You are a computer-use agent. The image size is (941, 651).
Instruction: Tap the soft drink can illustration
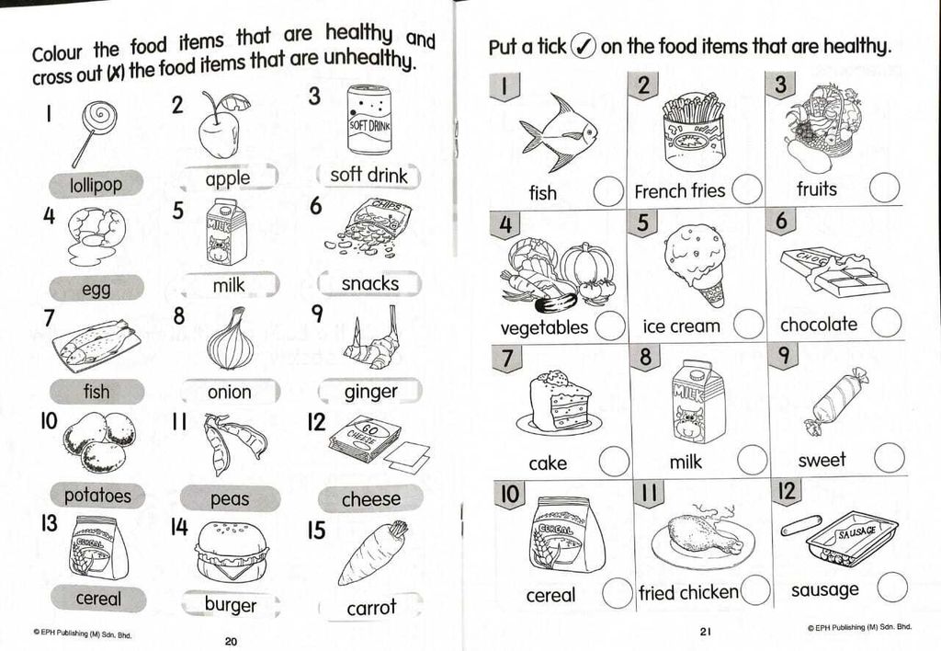pyautogui.click(x=369, y=120)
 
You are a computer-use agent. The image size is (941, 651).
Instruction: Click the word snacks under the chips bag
pyautogui.click(x=369, y=283)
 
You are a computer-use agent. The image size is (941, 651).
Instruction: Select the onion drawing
pyautogui.click(x=231, y=339)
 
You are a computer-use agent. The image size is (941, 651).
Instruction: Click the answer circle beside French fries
pyautogui.click(x=746, y=189)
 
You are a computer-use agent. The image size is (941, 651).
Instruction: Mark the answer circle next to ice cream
pyautogui.click(x=748, y=325)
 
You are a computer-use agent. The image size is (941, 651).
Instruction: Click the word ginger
pyautogui.click(x=371, y=392)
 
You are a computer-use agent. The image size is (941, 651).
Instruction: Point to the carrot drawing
pyautogui.click(x=373, y=553)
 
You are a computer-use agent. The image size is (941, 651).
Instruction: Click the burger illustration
pyautogui.click(x=231, y=552)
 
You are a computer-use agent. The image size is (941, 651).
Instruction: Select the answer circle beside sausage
pyautogui.click(x=892, y=588)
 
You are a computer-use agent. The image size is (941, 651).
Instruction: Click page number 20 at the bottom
pyautogui.click(x=231, y=642)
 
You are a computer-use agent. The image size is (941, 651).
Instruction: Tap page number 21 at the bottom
pyautogui.click(x=705, y=631)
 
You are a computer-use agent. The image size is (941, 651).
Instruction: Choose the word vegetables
pyautogui.click(x=544, y=327)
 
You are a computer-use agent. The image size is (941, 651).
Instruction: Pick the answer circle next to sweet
pyautogui.click(x=890, y=458)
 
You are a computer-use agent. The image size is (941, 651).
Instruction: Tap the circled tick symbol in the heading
pyautogui.click(x=583, y=45)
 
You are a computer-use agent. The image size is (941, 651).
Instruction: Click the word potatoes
pyautogui.click(x=97, y=496)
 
